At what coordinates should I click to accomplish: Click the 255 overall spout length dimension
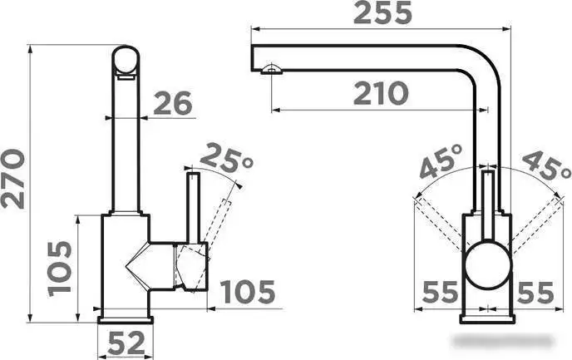tap(382, 13)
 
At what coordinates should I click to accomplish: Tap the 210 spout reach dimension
tap(381, 93)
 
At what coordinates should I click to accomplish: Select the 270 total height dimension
tap(13, 179)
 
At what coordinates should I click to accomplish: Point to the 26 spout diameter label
tap(173, 103)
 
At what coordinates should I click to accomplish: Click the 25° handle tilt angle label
tap(226, 158)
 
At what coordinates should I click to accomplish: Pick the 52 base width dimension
tap(126, 343)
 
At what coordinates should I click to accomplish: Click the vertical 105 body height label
tap(60, 269)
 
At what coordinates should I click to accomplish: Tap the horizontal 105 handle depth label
tap(248, 292)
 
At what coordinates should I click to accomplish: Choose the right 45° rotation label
tap(545, 165)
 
